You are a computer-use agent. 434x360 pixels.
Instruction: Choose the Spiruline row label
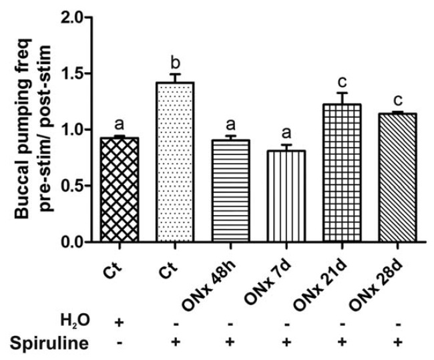[48, 344]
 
